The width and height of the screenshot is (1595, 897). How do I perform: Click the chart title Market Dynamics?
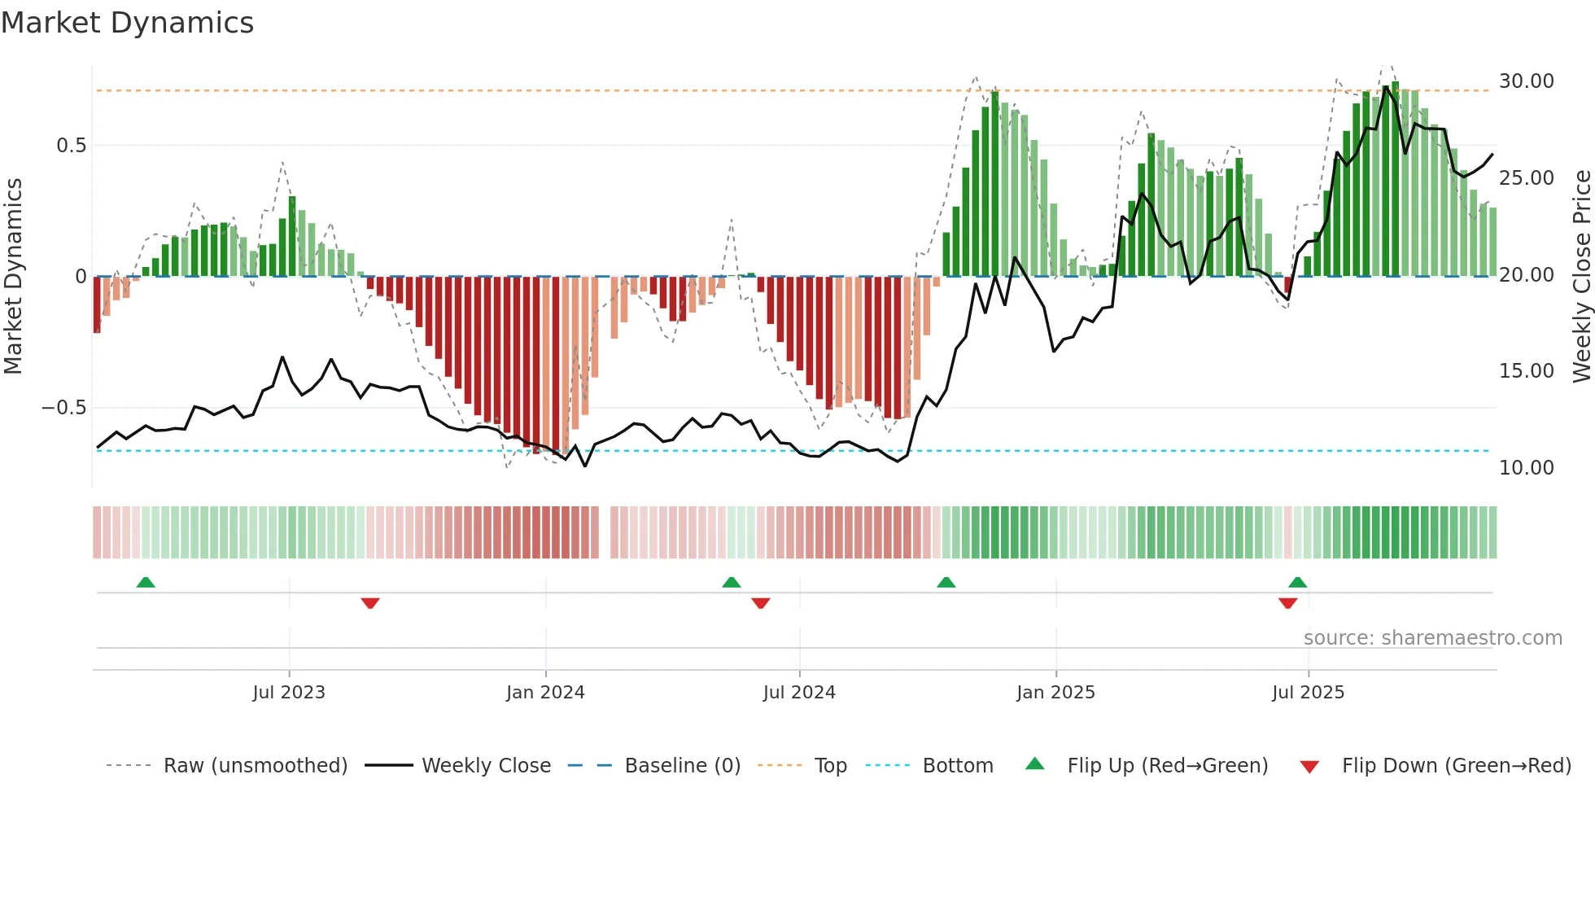[128, 23]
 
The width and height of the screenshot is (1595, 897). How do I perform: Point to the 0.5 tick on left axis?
[71, 146]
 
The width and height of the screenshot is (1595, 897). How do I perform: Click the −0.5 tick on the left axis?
[64, 408]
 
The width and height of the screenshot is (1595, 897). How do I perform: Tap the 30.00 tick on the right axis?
[1526, 81]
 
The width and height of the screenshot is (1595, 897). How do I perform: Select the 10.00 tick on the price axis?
[1526, 468]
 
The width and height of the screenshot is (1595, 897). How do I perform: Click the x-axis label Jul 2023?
[289, 693]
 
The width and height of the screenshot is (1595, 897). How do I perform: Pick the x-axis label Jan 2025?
[1055, 693]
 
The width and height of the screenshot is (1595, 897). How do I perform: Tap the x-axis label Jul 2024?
[799, 693]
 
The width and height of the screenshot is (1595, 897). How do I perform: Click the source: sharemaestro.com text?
[1432, 638]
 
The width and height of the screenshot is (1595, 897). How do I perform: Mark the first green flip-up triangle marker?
[146, 583]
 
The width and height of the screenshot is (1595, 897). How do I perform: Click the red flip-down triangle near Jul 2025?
[1287, 603]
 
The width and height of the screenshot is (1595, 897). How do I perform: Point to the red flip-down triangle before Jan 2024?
[370, 603]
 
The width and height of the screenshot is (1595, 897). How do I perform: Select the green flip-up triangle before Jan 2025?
[946, 583]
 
